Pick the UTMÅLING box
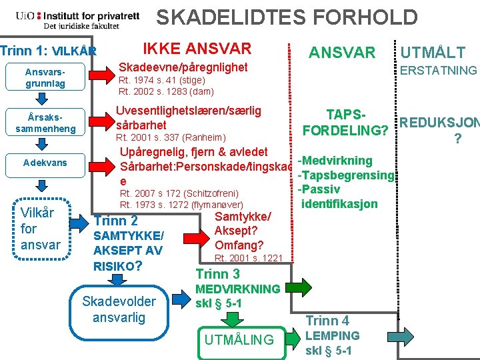pos(239,339)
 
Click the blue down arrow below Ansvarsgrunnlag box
pos(41,99)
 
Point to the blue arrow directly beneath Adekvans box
pos(41,184)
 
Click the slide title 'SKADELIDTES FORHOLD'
pos(287,17)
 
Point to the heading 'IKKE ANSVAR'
pos(197,48)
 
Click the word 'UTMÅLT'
pos(441,53)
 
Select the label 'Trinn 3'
pos(218,273)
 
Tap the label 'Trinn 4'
pos(327,321)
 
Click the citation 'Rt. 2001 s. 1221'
pos(249,258)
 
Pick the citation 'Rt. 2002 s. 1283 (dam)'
pos(166,91)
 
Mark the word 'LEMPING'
pos(332,335)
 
